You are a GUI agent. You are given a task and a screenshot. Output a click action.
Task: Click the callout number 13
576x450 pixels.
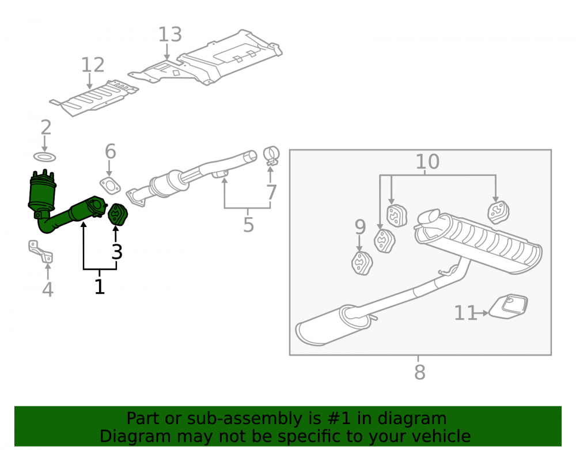(x=170, y=35)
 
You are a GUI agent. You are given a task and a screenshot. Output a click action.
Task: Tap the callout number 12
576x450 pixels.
(x=93, y=65)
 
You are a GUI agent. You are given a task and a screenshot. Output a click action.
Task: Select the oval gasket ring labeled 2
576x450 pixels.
(x=45, y=157)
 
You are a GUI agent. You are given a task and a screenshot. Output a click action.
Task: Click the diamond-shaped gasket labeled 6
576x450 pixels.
(x=110, y=186)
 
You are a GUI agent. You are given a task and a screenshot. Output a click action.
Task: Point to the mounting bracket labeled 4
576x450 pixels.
(x=41, y=252)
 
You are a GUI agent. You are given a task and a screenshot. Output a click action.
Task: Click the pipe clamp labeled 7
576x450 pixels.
(x=271, y=156)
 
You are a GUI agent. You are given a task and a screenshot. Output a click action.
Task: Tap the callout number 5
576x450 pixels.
(x=249, y=225)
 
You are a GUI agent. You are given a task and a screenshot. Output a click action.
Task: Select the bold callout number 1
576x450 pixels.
(x=100, y=286)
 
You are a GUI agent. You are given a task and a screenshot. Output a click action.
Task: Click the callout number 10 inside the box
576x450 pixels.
(x=427, y=162)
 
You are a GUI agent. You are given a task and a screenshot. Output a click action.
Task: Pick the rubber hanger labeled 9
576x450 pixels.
(x=362, y=263)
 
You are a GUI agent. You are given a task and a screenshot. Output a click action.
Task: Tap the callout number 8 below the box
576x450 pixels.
(x=420, y=372)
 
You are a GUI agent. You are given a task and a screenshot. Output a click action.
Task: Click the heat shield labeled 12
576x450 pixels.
(x=94, y=97)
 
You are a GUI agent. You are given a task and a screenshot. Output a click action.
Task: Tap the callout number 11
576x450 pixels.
(x=466, y=313)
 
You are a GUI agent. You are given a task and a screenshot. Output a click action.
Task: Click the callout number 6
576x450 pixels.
(x=111, y=152)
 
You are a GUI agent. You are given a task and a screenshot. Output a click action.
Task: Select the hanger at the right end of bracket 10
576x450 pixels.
(x=498, y=212)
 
